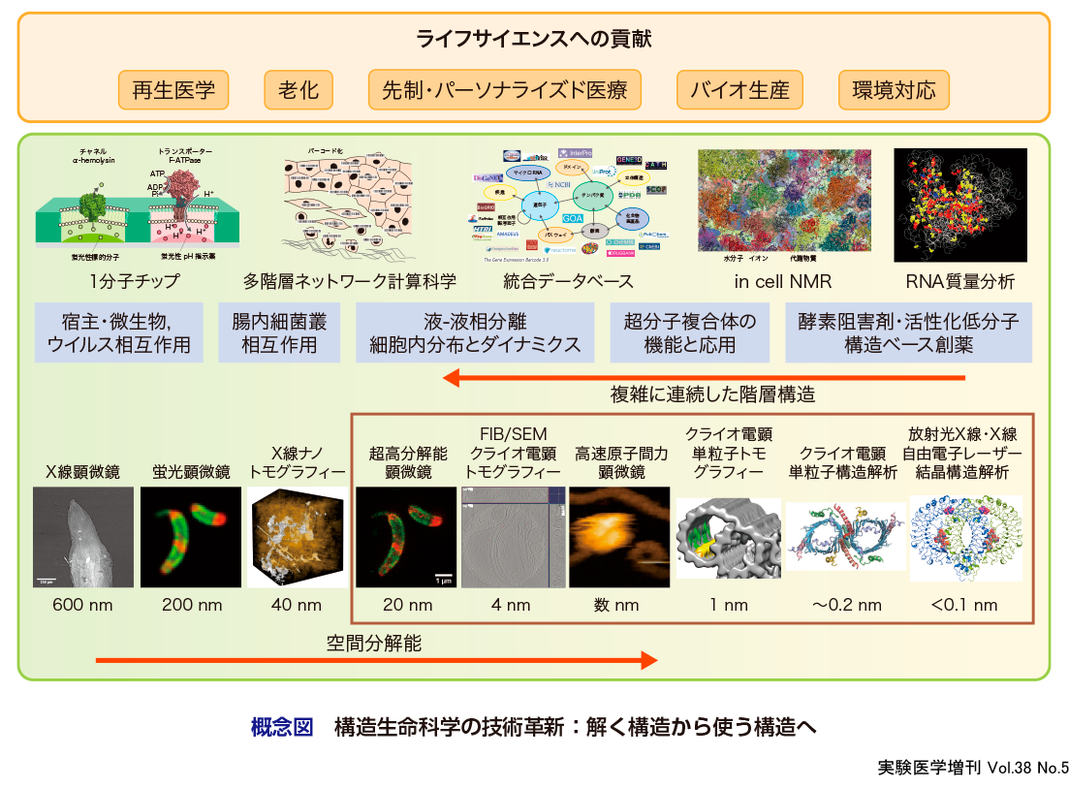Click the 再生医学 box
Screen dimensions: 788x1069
coord(173,91)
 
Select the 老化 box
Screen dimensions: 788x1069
coord(299,91)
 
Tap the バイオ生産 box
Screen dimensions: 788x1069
coord(740,91)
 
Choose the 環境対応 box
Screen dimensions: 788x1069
coord(894,91)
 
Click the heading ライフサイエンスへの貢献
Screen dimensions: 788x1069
coord(534,40)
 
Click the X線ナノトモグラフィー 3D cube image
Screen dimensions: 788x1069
coord(297,537)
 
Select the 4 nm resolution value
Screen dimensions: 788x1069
coord(511,606)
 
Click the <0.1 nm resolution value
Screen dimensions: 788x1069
coord(963,606)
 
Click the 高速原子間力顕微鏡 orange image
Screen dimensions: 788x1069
coord(617,537)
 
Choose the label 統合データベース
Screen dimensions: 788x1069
coord(569,282)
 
